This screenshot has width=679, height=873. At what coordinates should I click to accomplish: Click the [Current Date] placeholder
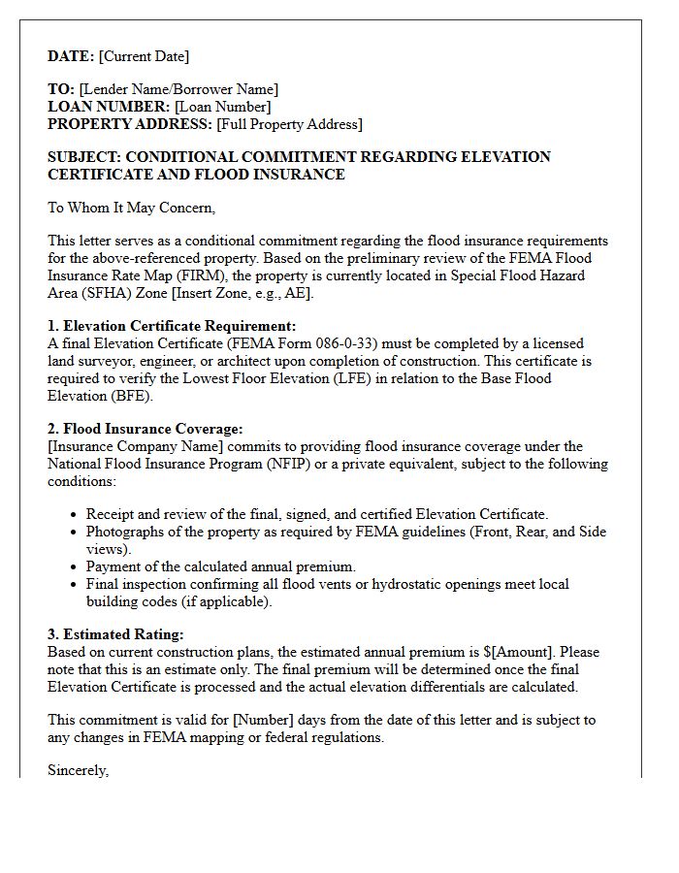click(145, 56)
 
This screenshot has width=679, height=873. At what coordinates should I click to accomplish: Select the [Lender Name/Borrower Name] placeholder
click(178, 89)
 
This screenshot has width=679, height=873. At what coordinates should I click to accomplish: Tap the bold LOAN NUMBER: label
click(109, 107)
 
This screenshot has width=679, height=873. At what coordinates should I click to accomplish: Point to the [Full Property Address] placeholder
click(289, 124)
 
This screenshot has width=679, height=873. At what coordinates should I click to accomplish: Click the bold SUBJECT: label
click(84, 157)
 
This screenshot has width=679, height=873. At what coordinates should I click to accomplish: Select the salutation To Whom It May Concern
click(131, 207)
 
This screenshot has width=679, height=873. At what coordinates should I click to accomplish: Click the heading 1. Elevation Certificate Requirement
click(172, 326)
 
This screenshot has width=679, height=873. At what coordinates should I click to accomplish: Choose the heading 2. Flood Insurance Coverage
click(145, 429)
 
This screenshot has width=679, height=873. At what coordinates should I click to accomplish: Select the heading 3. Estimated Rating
click(115, 634)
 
